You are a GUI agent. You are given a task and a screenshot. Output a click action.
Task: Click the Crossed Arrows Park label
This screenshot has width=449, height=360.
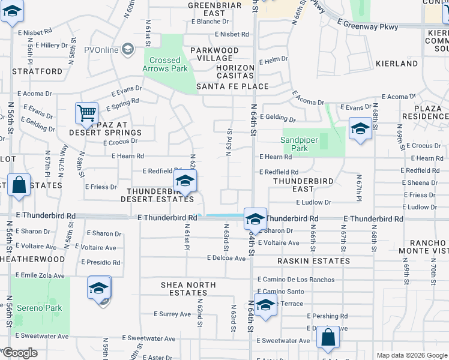point(165,64)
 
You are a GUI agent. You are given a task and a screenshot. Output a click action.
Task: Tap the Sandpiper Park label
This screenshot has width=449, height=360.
point(294,144)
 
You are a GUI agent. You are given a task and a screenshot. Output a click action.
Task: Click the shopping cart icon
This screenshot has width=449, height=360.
point(86,113)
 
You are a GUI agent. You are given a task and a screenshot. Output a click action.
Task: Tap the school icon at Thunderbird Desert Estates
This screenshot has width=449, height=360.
point(185,181)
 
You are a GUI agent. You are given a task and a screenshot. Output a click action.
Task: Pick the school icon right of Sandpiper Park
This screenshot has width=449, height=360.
point(360,130)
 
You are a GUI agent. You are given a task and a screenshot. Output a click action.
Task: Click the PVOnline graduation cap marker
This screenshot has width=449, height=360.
point(127,49)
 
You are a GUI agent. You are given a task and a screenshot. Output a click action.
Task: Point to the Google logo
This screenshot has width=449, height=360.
point(20,353)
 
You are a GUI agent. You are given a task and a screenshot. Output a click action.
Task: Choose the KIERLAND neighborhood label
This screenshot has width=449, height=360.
point(397,63)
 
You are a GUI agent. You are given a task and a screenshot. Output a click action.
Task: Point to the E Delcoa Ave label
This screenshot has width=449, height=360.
point(226,258)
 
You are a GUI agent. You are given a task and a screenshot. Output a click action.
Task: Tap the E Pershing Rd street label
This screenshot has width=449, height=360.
point(327,316)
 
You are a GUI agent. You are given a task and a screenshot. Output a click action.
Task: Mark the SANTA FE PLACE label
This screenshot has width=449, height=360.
point(233,86)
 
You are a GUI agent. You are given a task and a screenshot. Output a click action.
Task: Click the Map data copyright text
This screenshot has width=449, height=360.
point(411,355)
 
